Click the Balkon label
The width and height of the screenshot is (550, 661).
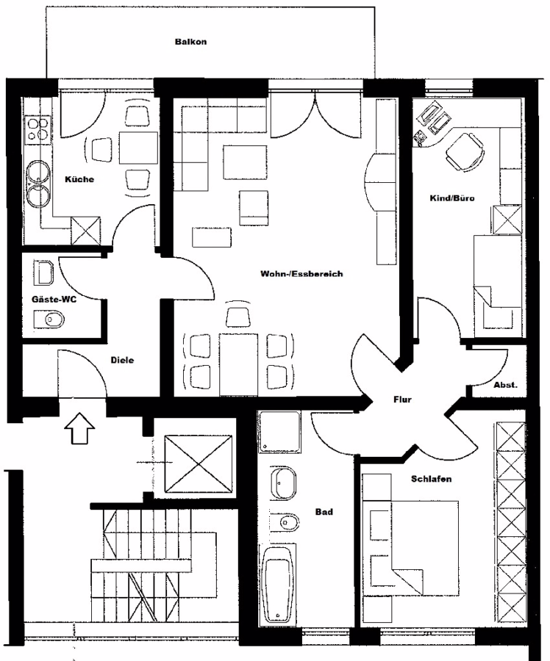[190, 42]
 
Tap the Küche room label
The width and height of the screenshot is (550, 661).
[79, 179]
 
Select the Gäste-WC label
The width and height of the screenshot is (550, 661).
[54, 300]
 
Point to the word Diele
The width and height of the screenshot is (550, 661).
[122, 360]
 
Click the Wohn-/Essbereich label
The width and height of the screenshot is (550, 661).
[301, 274]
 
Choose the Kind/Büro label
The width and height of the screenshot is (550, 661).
[452, 198]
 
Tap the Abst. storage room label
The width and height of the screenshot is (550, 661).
[505, 385]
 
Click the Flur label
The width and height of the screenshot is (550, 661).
[402, 400]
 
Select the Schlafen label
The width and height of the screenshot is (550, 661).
[432, 479]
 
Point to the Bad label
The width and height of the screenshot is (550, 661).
[324, 512]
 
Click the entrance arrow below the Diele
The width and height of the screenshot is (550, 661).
[79, 428]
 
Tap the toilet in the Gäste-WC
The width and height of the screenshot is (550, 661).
[49, 319]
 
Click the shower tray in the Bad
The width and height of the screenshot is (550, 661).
[279, 432]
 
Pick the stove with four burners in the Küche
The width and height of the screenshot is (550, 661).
[38, 129]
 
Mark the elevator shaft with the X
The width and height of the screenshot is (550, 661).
[199, 463]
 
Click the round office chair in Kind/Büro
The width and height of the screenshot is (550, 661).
[464, 152]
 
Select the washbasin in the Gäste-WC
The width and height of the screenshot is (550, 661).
[43, 272]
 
